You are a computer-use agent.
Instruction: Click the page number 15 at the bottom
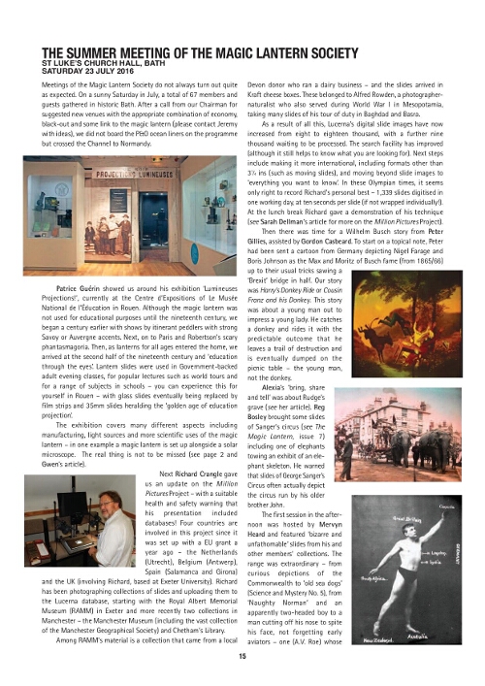[242, 656]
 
